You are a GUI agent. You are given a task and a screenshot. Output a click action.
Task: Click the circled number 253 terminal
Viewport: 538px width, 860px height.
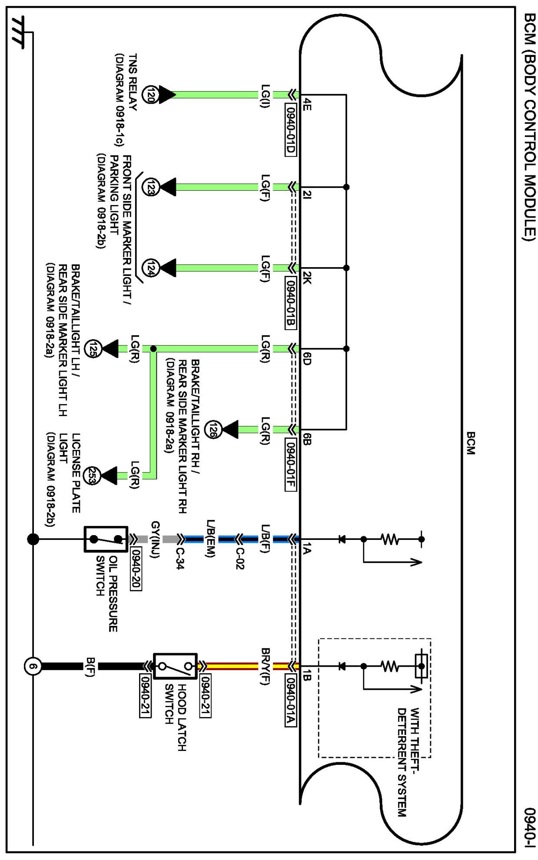coord(92,476)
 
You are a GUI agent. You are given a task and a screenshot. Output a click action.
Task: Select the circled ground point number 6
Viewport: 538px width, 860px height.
coord(33,666)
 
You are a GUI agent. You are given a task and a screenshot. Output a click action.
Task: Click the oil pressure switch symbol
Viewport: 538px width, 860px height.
coord(106,539)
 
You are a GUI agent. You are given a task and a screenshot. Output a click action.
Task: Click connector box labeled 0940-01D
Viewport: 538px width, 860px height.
coord(291,130)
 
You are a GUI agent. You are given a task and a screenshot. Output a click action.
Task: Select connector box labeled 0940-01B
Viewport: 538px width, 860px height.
coord(291,303)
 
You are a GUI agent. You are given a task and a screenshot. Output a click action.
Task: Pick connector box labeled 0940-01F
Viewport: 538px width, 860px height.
coord(291,465)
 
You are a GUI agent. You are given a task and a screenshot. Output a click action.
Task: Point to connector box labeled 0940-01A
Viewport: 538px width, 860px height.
coord(291,701)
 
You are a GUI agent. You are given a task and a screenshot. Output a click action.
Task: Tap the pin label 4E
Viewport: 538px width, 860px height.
coord(307,104)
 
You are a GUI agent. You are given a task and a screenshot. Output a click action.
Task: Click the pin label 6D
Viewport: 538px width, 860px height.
coord(307,358)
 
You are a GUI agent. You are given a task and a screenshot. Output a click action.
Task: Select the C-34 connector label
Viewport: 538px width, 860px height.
coord(180,558)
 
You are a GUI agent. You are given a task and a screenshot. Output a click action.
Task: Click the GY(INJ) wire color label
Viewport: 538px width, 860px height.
coord(155,539)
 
